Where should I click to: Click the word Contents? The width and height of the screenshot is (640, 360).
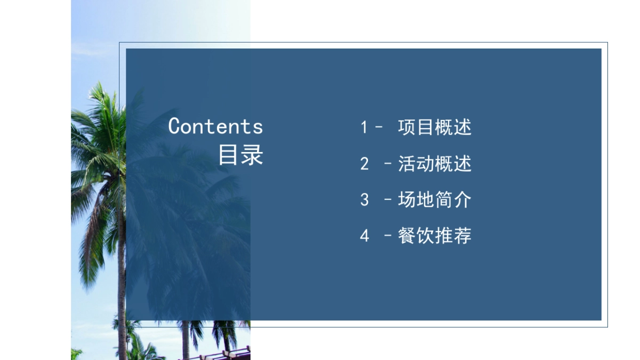coord(215,126)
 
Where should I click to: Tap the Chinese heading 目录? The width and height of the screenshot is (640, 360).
coord(241,155)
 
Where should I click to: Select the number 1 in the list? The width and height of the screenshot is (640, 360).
coord(364,127)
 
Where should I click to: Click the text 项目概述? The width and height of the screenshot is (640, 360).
coord(435,127)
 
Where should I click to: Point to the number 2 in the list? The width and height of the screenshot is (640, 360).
coord(364,164)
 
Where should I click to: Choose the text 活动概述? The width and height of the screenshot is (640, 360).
coord(435,164)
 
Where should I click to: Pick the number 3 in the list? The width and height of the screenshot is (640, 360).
coord(364,200)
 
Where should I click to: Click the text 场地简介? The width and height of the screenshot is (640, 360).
coord(435,200)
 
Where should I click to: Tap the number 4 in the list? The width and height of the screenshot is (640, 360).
coord(364,236)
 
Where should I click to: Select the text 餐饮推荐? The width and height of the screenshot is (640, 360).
coord(435,236)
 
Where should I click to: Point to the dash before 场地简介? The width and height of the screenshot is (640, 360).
coord(388,200)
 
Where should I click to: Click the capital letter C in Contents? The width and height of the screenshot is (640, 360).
coord(175,126)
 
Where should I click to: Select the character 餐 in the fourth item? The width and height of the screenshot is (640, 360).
coord(407,236)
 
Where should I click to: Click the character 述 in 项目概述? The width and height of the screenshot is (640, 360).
coord(463,127)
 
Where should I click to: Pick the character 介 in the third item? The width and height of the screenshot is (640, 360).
coord(463,200)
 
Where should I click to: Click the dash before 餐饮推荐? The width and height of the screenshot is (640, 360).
coord(388,236)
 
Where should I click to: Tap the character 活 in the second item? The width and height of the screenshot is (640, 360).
coord(407,164)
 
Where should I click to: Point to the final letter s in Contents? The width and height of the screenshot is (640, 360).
coord(258,127)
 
